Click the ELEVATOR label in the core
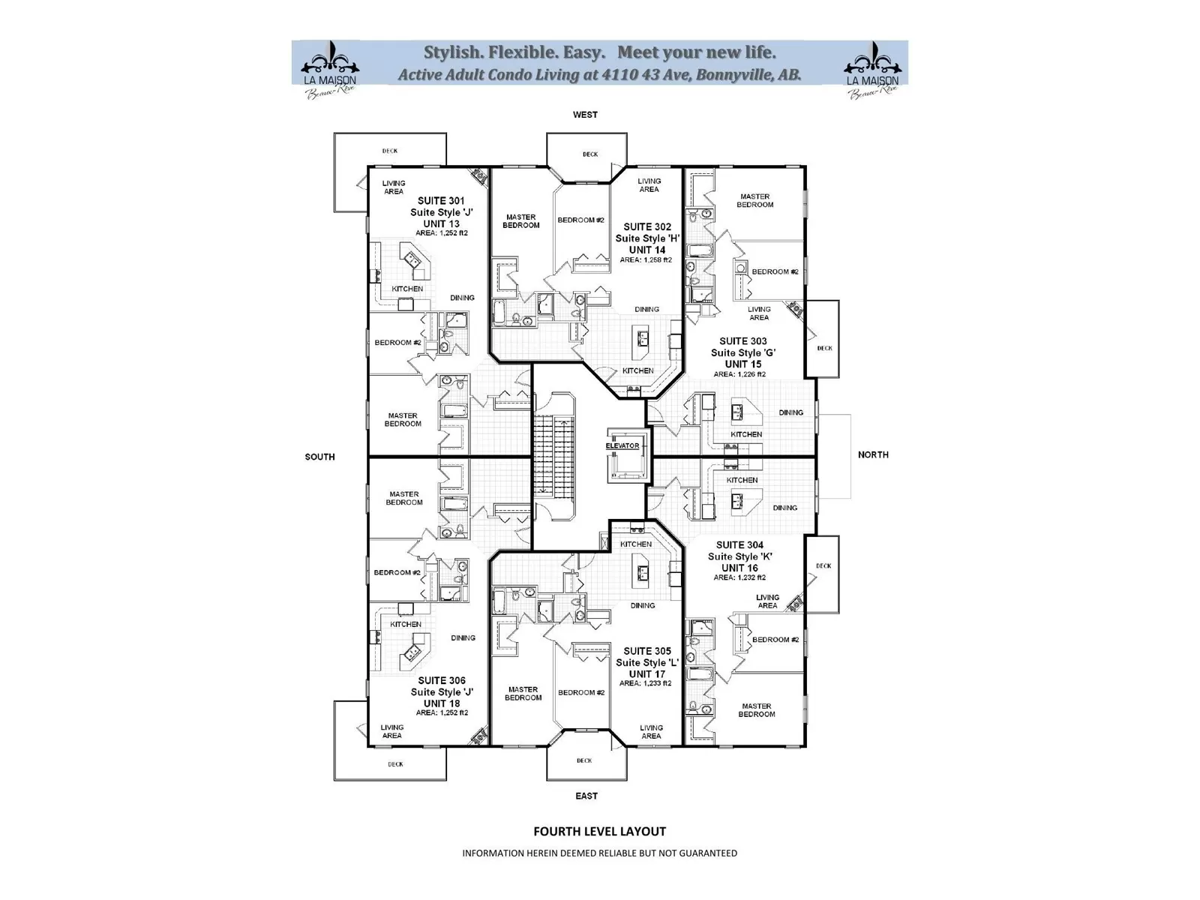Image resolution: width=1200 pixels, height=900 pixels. pos(622,445)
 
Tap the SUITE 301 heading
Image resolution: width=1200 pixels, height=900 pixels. pos(441,200)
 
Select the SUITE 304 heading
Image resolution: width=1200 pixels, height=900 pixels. pos(739,545)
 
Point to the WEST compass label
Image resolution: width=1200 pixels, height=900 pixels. pos(585,115)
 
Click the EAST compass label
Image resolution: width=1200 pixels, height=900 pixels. pos(586,796)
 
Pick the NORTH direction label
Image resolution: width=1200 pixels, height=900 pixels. pos(873,454)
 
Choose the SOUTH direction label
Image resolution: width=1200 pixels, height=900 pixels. pos(319,457)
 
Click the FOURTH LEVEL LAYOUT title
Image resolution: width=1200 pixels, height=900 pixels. pos(599,831)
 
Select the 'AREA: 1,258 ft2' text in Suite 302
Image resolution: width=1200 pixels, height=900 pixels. pos(646,260)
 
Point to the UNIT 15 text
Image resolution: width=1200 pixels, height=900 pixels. pos(742,364)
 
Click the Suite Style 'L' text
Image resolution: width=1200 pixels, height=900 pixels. pos(647,663)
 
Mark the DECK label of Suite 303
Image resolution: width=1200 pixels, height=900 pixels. pos(824,348)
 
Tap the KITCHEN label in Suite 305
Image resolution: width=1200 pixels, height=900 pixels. pos(636,544)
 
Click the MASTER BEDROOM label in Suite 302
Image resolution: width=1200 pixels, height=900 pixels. pos(520,221)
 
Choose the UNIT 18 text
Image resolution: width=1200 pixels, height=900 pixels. pos(442,703)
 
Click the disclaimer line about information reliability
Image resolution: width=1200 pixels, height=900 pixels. pos(599,853)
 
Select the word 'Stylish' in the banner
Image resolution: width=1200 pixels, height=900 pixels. pos(451,52)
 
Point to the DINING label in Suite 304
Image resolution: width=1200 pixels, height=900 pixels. pos(784,508)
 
